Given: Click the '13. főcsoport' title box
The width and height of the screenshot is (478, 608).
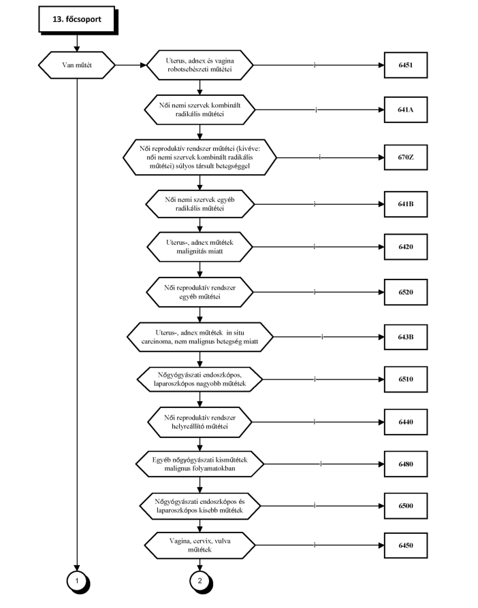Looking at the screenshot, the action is [77, 20].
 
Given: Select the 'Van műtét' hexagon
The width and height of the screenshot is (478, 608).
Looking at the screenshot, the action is [77, 65].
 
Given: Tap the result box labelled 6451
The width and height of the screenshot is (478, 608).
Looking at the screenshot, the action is [406, 65].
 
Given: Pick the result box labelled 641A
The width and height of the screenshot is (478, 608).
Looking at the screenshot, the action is [406, 109].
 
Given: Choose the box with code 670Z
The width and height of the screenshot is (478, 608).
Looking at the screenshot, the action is [406, 157].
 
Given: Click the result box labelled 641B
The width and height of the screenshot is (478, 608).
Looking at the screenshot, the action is [406, 204].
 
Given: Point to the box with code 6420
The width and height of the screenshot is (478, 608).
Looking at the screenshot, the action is [406, 247].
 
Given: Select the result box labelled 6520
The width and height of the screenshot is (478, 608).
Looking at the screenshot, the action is [406, 292].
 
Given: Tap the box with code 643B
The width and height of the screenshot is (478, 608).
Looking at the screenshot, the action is [406, 337].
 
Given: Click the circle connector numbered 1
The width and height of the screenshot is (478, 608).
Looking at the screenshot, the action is [77, 581].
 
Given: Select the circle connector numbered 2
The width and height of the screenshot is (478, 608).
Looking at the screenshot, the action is [200, 581].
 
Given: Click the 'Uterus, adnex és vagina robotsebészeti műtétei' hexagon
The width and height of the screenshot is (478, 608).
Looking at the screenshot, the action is [200, 65].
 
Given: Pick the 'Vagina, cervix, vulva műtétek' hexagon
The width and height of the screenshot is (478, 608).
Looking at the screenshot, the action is [200, 545].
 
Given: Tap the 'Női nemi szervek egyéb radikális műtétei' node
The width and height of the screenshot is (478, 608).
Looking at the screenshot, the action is [200, 204].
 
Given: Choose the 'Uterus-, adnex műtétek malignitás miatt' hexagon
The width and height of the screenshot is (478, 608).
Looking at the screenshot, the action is [200, 247].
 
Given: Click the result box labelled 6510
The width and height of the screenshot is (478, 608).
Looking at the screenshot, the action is [406, 379].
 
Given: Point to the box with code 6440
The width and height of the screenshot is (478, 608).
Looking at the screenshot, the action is [406, 422].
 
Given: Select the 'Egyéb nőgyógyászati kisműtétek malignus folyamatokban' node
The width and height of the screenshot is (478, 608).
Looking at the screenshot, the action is [200, 464].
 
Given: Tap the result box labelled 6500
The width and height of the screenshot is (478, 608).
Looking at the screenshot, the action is [406, 505].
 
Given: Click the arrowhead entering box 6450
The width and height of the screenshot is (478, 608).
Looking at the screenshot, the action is [381, 545].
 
